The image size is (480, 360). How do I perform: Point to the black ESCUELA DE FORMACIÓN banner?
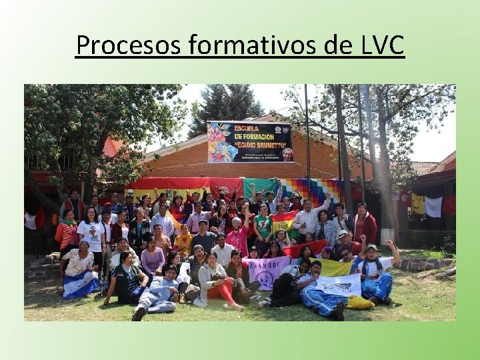pos(249,141)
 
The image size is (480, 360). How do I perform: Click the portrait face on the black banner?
pos(287,154)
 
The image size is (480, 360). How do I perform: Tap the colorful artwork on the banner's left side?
pos(222,142)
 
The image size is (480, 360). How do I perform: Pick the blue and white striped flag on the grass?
pos(80,285)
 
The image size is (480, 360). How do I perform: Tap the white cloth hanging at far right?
pos(433,207)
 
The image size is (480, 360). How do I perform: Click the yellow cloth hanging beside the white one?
pos(418,203)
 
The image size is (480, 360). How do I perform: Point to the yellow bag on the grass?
pos(361,303)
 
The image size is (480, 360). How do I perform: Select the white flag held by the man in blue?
pos(341,285)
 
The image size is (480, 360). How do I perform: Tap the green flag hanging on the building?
pos(260,188)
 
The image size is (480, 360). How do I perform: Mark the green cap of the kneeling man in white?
pos(371,248)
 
